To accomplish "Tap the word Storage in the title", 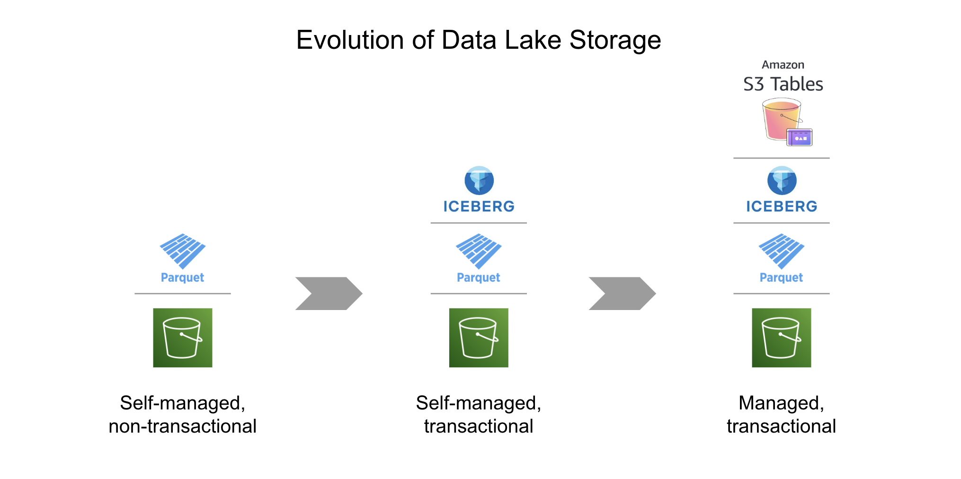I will coord(615,41).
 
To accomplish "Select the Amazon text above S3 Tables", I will coord(783,65).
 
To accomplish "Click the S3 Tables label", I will coord(783,84).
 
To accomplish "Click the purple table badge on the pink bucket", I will coord(800,138).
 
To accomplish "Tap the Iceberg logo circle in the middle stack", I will coord(479,180).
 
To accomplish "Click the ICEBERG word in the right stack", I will coord(782,206).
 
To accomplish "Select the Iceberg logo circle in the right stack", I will coord(782,180).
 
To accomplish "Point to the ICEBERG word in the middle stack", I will coord(479,206).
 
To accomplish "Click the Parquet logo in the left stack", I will coord(183,250).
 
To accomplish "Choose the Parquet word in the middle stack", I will coord(478,277).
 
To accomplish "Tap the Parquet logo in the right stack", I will coord(781,250).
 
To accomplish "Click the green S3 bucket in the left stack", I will coord(183,337).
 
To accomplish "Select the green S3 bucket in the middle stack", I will coord(479,337).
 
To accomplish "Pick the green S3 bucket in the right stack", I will coord(781,337).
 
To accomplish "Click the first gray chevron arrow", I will coord(329,293).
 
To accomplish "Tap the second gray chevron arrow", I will coord(622,293).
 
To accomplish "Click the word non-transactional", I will coord(183,426).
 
